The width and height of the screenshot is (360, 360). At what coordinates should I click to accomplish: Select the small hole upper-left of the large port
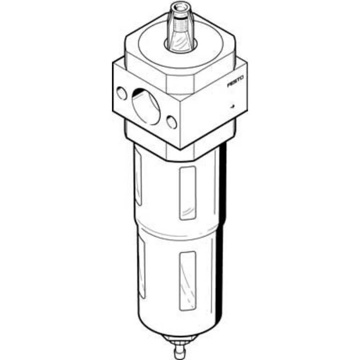pyautogui.click(x=122, y=94)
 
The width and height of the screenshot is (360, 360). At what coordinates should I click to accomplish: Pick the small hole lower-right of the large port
pyautogui.click(x=172, y=122)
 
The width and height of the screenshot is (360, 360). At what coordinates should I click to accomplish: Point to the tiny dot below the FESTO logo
pyautogui.click(x=233, y=106)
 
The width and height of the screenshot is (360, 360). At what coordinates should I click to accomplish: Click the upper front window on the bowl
pyautogui.click(x=188, y=193)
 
